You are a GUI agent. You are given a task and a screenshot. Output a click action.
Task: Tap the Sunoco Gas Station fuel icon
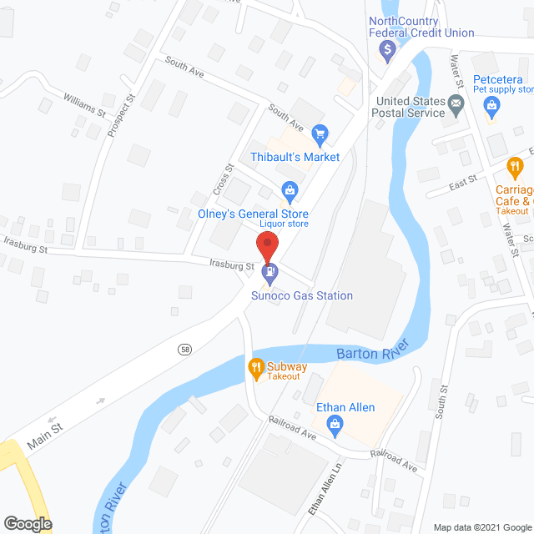(x=270, y=271)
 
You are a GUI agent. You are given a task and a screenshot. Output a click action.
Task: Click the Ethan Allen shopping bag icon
(x=335, y=426)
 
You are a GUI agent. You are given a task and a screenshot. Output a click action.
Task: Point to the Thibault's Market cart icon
(x=319, y=133)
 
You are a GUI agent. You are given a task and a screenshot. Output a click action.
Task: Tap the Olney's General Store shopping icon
(x=289, y=191)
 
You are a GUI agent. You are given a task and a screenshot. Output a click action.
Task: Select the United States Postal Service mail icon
(x=456, y=106)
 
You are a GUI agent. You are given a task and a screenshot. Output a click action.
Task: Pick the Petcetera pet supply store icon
(x=492, y=105)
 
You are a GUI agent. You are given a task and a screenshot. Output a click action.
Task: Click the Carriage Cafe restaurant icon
(x=514, y=167)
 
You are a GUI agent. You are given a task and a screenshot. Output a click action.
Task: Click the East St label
(x=463, y=179)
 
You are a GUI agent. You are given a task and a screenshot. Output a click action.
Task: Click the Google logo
(x=28, y=523)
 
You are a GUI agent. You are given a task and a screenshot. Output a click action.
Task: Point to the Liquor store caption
(x=284, y=224)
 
